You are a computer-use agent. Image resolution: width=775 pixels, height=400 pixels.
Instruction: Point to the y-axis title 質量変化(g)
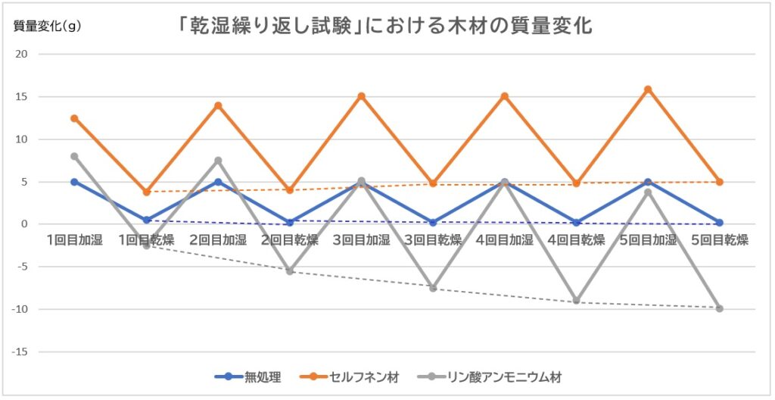(x=47, y=25)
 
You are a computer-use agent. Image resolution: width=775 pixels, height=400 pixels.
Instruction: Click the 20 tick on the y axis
(x=21, y=55)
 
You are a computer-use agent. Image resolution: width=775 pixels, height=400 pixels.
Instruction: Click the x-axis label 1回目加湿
(x=73, y=241)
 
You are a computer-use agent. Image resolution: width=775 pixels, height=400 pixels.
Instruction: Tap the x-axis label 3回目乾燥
(x=433, y=241)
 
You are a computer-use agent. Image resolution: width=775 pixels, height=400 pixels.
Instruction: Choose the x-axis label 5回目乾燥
(x=720, y=241)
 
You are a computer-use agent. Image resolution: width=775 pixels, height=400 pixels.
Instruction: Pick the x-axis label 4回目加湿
(x=504, y=241)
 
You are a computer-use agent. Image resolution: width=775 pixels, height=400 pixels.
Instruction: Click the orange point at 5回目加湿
(x=648, y=89)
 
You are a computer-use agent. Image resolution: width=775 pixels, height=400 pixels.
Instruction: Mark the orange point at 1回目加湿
(x=74, y=118)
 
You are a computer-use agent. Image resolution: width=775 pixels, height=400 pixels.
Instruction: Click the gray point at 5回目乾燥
(x=720, y=308)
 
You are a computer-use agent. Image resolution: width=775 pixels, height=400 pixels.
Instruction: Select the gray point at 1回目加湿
(x=74, y=156)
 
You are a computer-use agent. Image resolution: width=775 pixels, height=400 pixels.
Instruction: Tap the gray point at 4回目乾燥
(x=577, y=301)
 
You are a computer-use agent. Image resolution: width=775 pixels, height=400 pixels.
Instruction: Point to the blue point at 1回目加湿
(x=74, y=182)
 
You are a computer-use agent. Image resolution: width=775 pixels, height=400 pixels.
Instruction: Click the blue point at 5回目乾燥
(x=720, y=223)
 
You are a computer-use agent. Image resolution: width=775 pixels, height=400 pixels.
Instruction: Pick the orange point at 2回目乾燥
(x=290, y=190)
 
